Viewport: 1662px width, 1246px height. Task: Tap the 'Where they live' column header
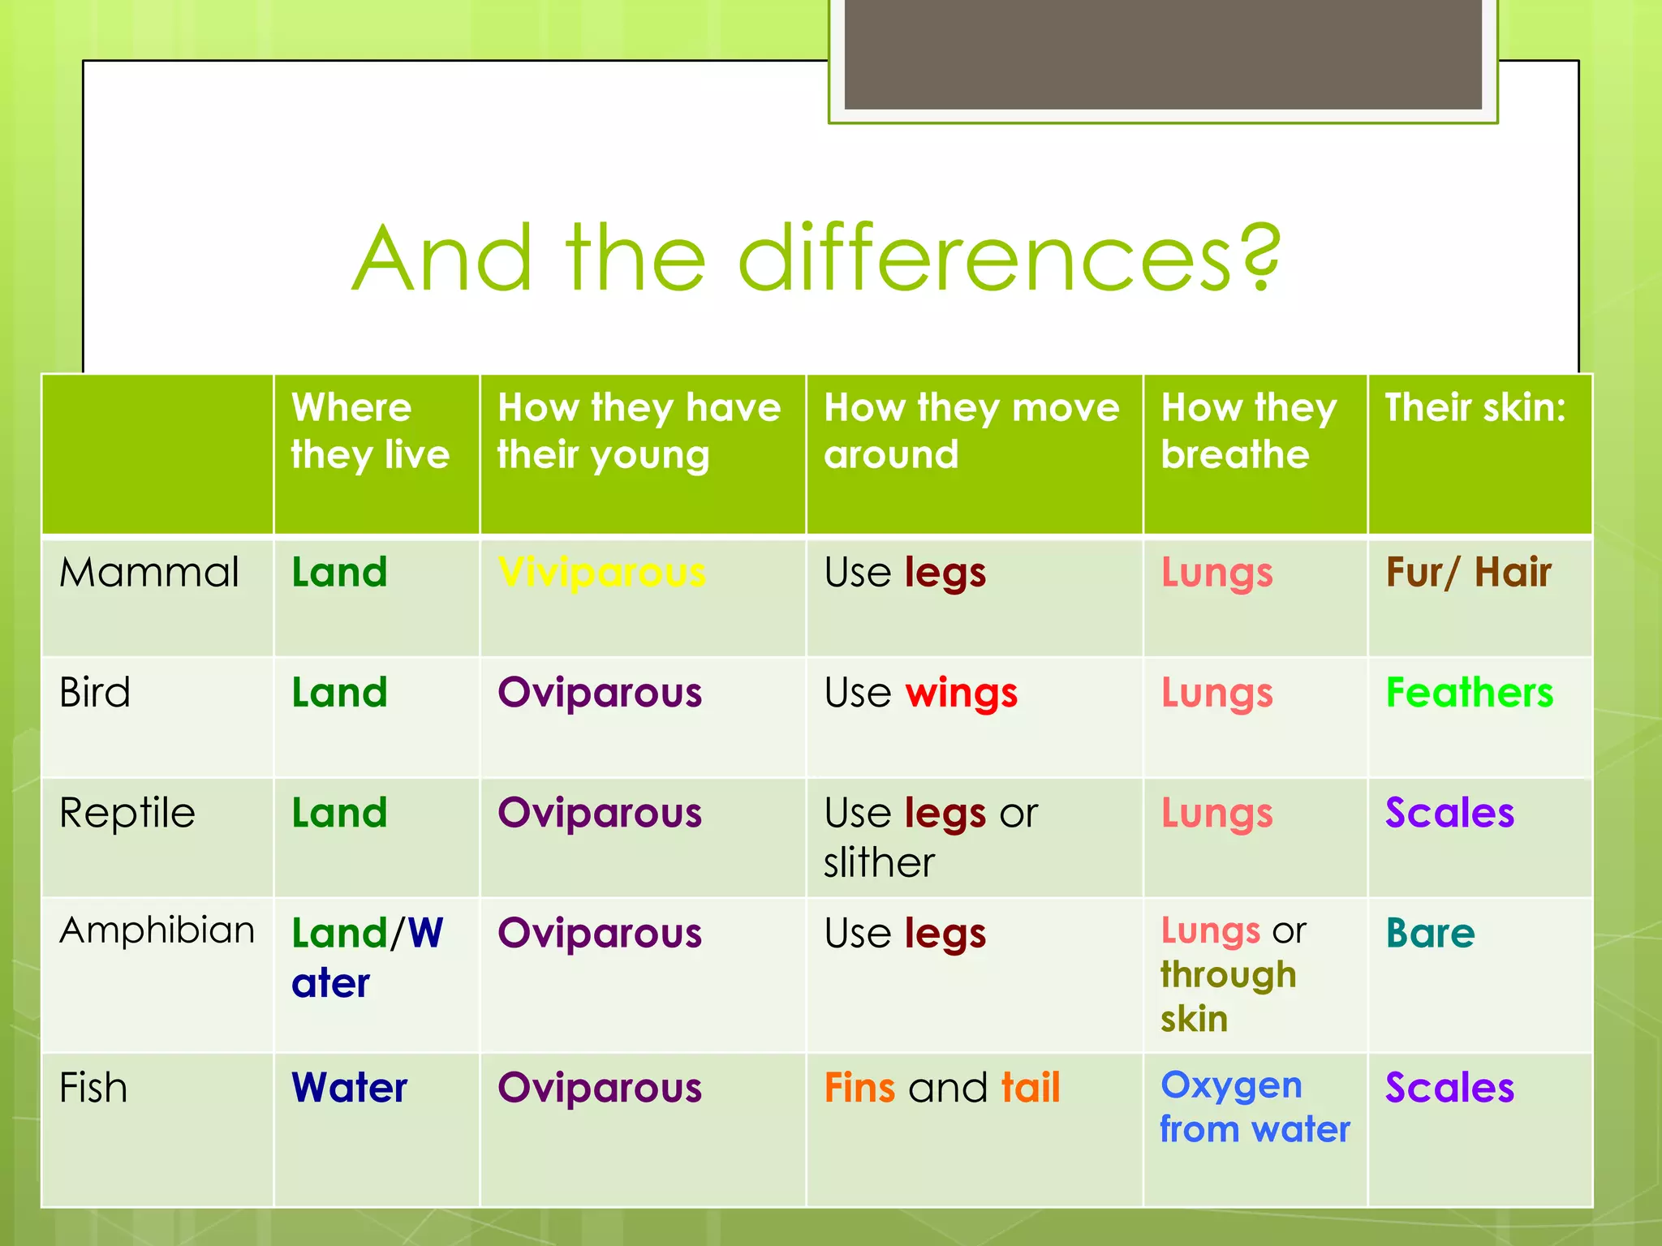point(370,431)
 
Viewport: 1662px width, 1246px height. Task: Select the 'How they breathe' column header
point(1248,431)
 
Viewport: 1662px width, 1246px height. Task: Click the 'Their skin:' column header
point(1475,407)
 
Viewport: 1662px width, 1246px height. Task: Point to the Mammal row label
point(149,573)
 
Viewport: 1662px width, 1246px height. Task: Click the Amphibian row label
point(157,930)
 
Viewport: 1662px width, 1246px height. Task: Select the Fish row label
point(93,1088)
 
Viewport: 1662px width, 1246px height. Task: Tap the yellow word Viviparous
point(601,573)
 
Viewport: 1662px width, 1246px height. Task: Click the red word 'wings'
point(961,694)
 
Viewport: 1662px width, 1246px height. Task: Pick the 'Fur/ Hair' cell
point(1468,573)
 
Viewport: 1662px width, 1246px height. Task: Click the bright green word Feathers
point(1469,693)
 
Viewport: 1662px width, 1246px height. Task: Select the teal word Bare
point(1430,933)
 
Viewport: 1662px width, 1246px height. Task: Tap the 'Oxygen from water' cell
point(1254,1107)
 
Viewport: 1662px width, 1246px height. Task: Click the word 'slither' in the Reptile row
point(879,862)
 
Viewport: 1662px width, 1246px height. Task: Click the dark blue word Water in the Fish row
point(349,1088)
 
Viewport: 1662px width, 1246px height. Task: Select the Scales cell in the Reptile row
point(1449,813)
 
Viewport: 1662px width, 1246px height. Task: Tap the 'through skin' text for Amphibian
point(1227,997)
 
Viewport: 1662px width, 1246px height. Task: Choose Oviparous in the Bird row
point(600,693)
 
